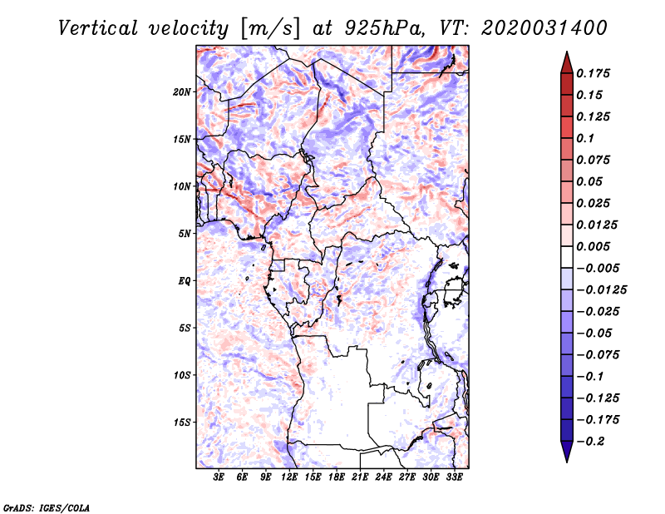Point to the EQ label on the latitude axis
pos(185,281)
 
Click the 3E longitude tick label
pos(219,477)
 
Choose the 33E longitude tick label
pos(454,477)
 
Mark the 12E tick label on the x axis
pos(290,477)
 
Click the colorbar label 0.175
pos(594,73)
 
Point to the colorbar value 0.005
pos(594,246)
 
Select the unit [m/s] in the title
pos(265,28)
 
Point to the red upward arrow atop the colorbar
pos(566,61)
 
